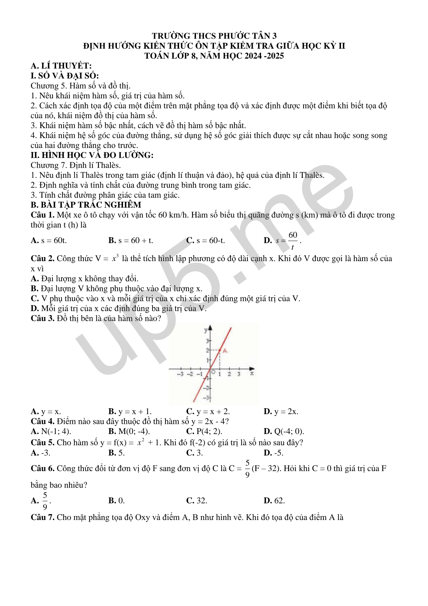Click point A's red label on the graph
[225, 350]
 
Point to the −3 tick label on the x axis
[181, 374]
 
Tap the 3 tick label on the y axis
[207, 341]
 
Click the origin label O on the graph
[213, 372]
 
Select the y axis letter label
[206, 330]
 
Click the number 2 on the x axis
[229, 374]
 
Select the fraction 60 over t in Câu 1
[293, 241]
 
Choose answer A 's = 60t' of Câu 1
[49, 241]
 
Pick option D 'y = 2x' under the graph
[281, 412]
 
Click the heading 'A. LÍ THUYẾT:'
[61, 66]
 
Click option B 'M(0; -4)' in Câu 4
[129, 431]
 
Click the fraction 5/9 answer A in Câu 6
[45, 501]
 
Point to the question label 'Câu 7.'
[42, 517]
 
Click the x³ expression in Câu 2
[115, 258]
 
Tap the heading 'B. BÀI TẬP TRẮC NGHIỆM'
[86, 205]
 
